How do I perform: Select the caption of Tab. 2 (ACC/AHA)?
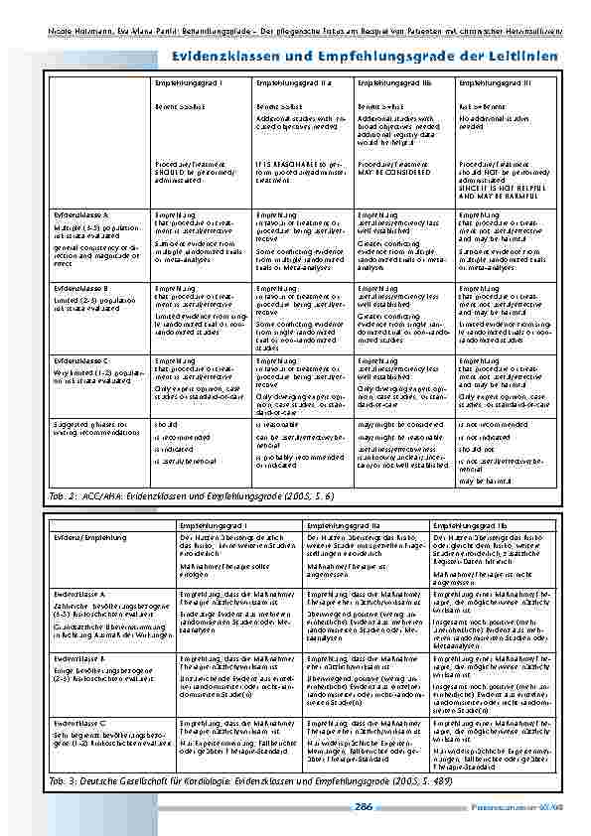tap(195, 493)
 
